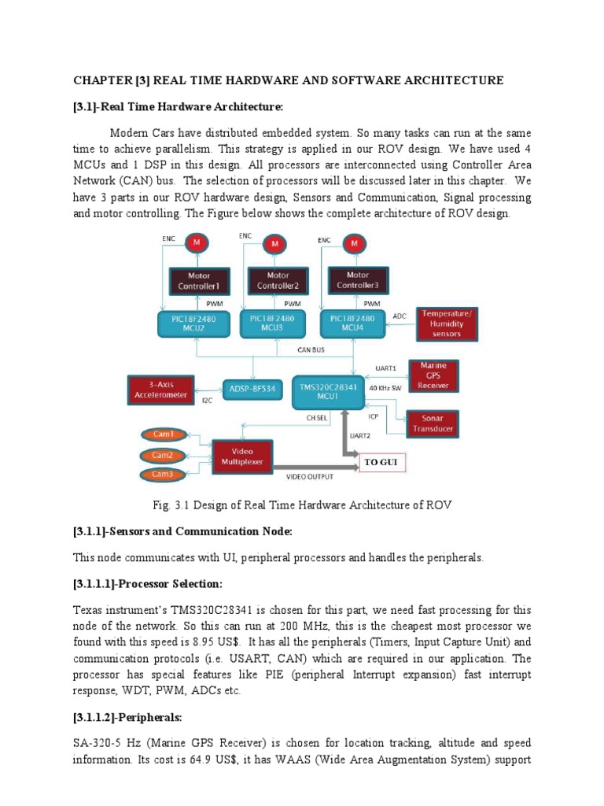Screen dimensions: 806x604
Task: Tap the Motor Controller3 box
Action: pyautogui.click(x=358, y=280)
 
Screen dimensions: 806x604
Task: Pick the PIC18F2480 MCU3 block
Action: pyautogui.click(x=272, y=324)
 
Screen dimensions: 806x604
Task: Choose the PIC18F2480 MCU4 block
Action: pyautogui.click(x=352, y=324)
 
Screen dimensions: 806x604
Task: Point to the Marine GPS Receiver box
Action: pyautogui.click(x=433, y=375)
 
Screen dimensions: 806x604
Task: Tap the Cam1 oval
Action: pyautogui.click(x=162, y=434)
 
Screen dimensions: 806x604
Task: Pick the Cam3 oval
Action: pyautogui.click(x=162, y=474)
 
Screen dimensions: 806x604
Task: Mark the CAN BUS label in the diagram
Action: pyautogui.click(x=310, y=349)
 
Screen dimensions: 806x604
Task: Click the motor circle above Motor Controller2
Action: pyautogui.click(x=274, y=244)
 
